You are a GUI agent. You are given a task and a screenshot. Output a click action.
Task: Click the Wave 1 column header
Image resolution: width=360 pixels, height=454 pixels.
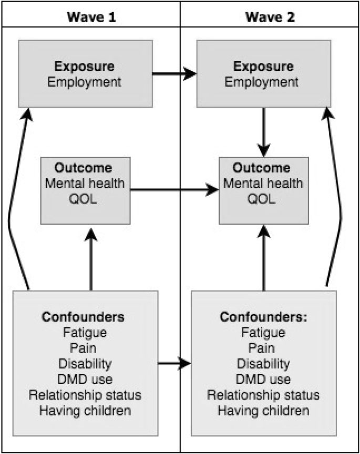pyautogui.click(x=91, y=17)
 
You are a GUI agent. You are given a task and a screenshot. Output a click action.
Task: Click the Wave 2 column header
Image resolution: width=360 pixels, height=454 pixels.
pyautogui.click(x=270, y=17)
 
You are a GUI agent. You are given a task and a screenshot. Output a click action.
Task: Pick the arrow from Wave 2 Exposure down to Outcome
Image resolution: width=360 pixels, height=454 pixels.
pyautogui.click(x=263, y=128)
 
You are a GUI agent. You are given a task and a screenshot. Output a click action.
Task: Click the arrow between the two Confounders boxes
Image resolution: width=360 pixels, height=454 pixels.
pyautogui.click(x=174, y=363)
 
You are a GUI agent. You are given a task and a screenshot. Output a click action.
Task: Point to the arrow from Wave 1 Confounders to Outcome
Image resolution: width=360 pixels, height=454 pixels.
pyautogui.click(x=91, y=260)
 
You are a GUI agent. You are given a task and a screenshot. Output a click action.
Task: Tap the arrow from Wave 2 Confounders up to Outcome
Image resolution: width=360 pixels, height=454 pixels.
pyautogui.click(x=263, y=260)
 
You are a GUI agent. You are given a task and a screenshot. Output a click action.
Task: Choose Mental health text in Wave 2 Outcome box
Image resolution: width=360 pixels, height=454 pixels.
pyautogui.click(x=263, y=184)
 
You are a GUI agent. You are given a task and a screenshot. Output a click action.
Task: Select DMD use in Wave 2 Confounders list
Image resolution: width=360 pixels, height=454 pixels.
pyautogui.click(x=263, y=380)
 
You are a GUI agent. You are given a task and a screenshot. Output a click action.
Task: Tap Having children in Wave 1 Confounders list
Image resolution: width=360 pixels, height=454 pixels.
pyautogui.click(x=85, y=410)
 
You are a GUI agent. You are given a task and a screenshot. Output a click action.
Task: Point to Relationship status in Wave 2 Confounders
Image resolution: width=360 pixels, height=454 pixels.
pyautogui.click(x=263, y=395)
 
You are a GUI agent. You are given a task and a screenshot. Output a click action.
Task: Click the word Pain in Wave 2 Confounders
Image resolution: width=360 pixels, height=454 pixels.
pyautogui.click(x=263, y=348)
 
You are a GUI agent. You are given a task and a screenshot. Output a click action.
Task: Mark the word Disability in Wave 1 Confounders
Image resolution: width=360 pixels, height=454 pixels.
pyautogui.click(x=85, y=364)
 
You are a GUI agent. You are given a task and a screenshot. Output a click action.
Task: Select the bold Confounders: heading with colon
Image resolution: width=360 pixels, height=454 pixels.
pyautogui.click(x=263, y=317)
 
